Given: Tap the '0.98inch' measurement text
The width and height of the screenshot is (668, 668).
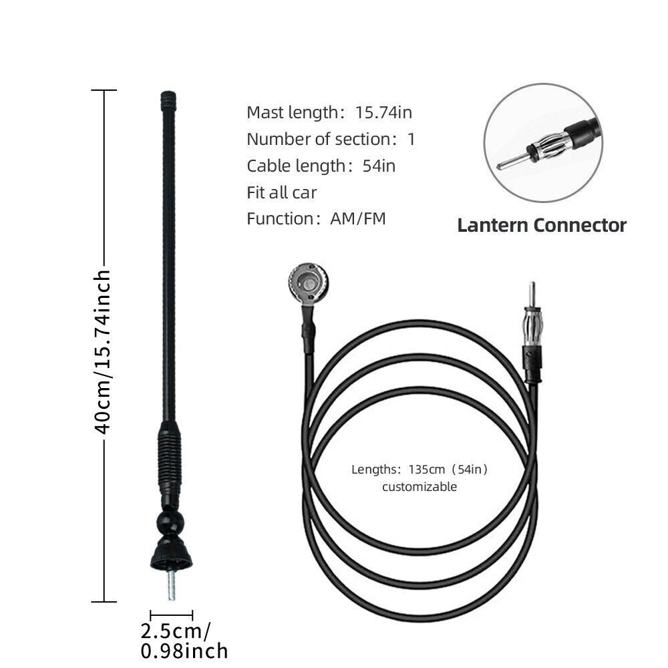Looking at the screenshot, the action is coord(184,651).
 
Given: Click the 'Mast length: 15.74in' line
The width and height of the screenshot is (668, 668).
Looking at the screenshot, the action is coord(329,112).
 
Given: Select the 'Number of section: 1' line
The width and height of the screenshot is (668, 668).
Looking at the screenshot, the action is coord(331,139).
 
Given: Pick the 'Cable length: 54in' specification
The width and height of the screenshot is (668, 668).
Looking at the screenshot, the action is coord(321,166).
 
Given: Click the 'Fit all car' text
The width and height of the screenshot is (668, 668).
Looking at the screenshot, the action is coord(281,192).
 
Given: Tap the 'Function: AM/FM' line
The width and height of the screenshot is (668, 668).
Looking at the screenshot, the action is coord(316,218).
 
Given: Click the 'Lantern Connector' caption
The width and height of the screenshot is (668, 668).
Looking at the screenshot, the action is coord(542,225).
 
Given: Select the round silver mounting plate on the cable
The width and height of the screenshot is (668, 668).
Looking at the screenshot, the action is coord(308,282).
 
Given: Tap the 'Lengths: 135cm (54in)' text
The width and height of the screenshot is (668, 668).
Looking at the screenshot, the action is coord(420,469).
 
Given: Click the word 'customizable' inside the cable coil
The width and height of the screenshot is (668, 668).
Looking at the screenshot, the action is coord(420,486).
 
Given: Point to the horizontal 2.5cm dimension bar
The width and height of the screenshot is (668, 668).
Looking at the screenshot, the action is coord(172,613).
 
